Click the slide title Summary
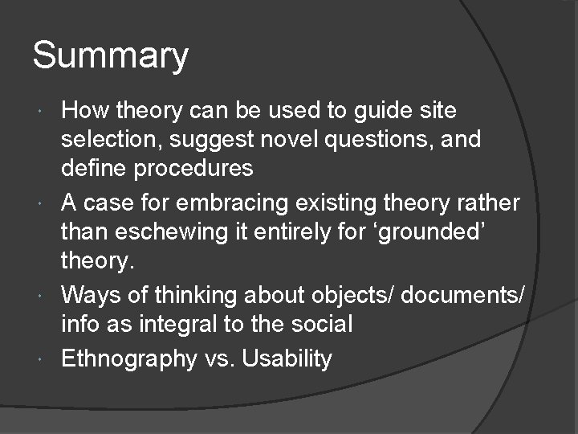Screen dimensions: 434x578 111,56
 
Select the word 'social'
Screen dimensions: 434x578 313,324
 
